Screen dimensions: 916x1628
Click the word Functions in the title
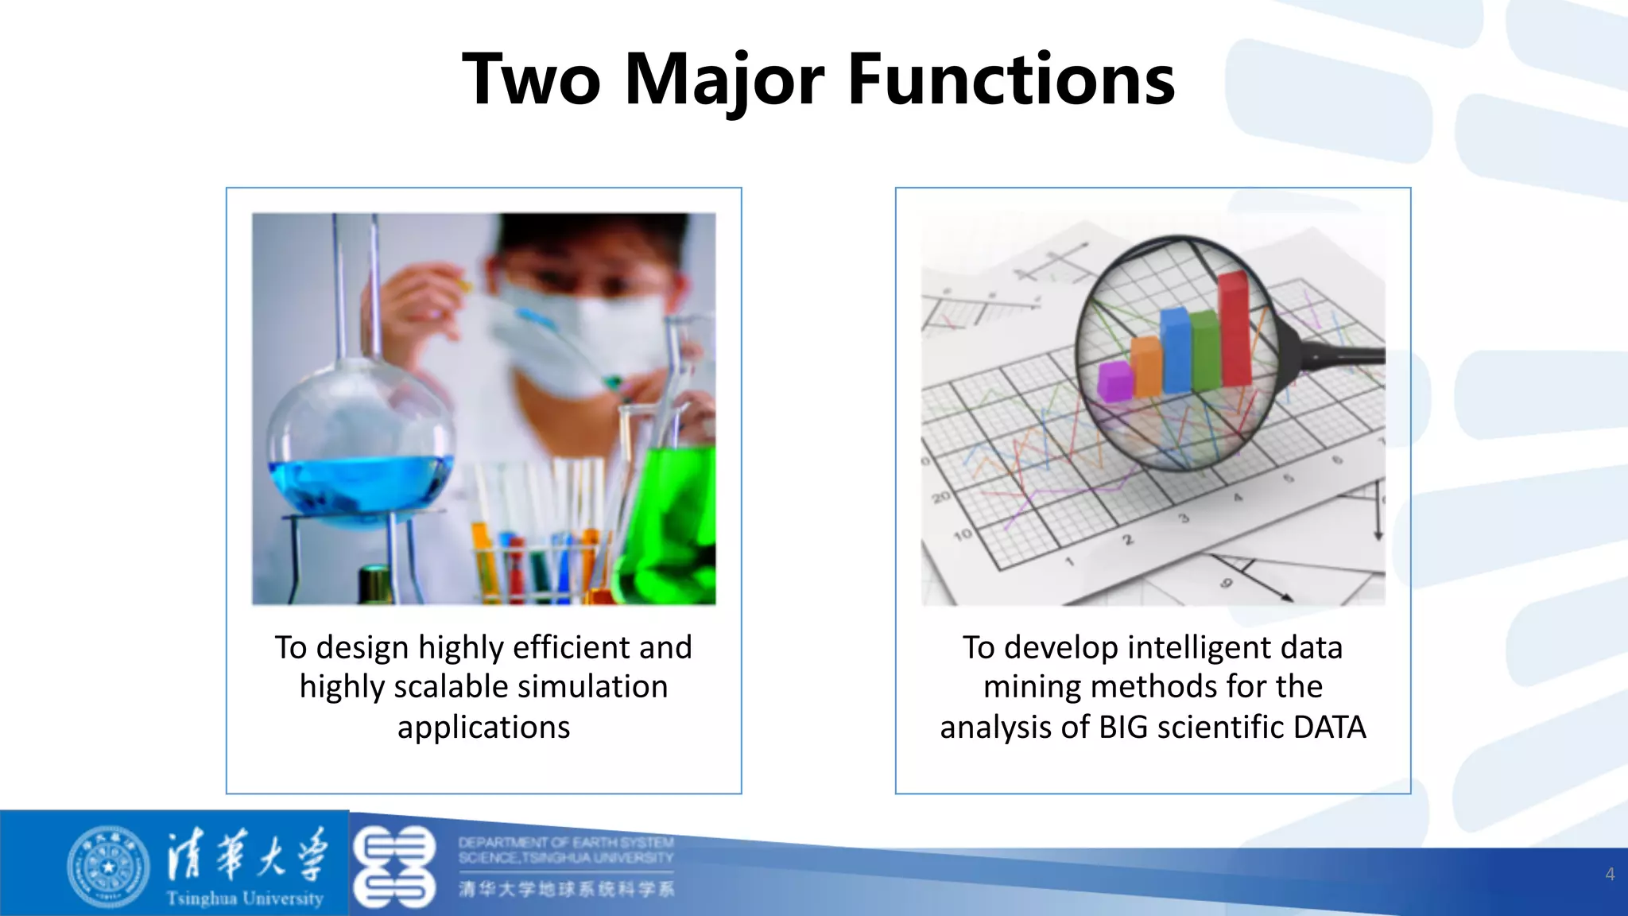point(1011,80)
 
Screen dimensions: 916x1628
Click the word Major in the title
point(725,80)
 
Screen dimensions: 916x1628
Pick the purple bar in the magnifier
point(1114,380)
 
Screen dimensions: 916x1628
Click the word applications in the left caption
point(483,728)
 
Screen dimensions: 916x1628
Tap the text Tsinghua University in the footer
point(245,899)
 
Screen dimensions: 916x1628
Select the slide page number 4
point(1609,875)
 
